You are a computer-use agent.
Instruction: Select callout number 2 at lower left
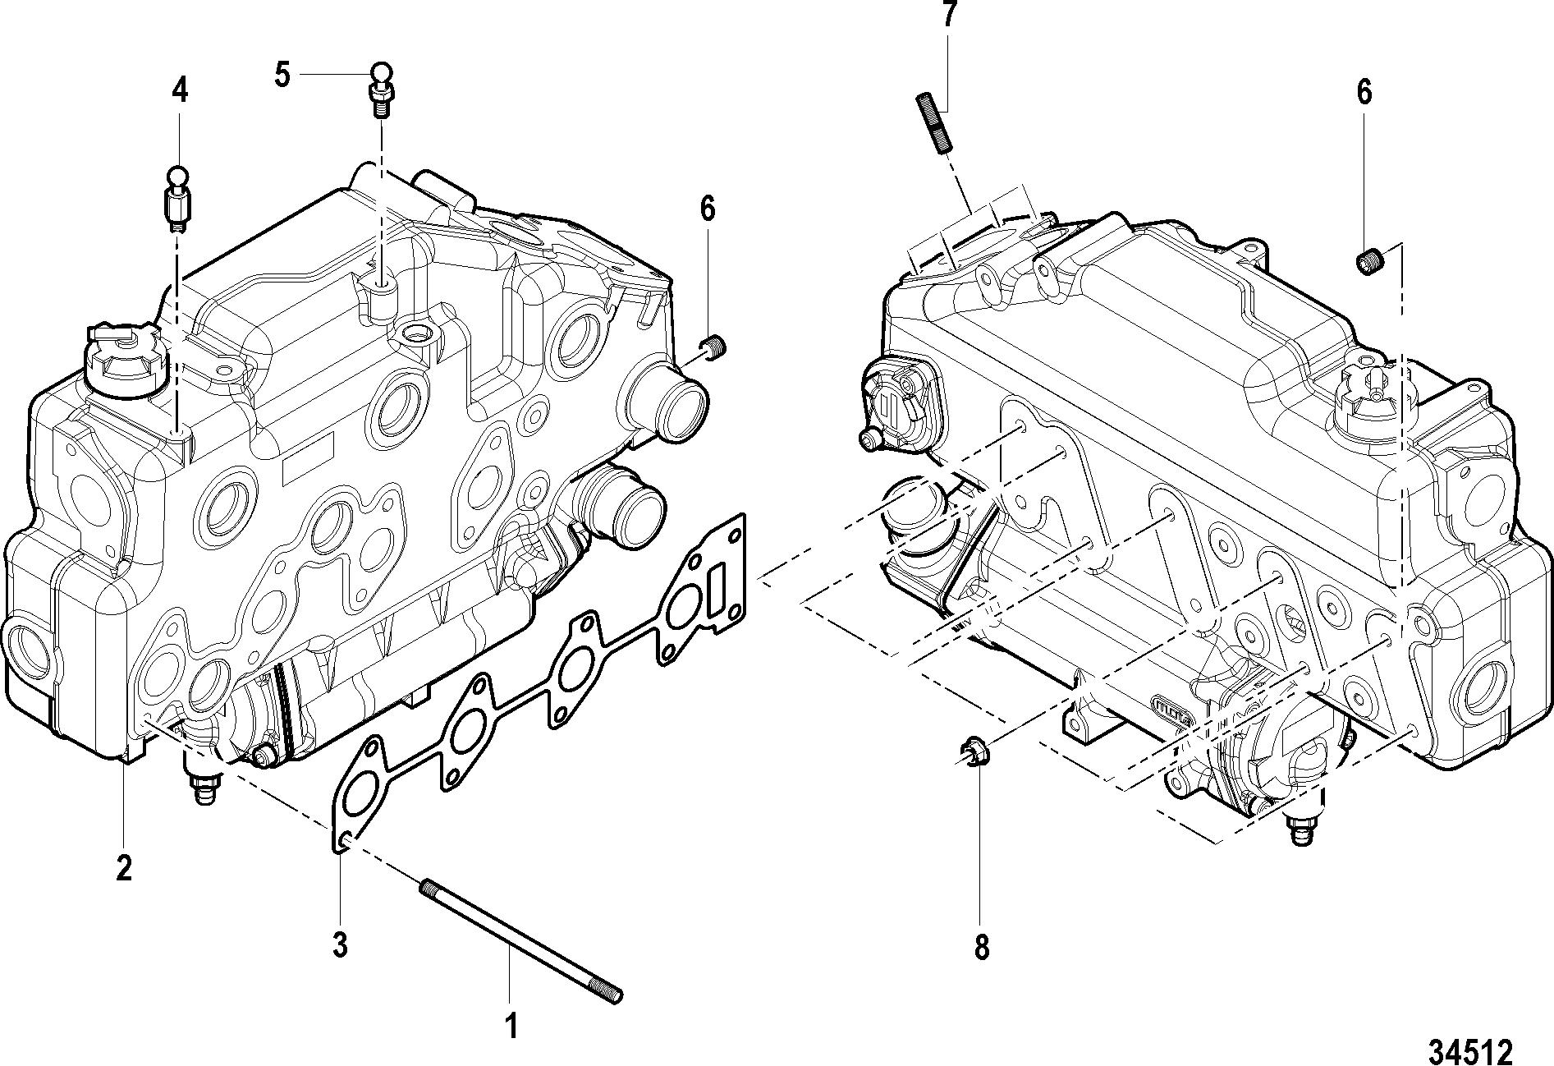point(123,867)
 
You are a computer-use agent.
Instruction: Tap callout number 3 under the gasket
point(340,944)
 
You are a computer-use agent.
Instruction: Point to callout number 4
point(179,90)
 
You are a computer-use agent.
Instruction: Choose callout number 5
point(282,76)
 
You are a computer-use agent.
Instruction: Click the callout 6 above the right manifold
point(1364,93)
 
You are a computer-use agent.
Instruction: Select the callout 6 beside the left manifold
point(707,209)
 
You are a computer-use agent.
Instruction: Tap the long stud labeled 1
point(522,941)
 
